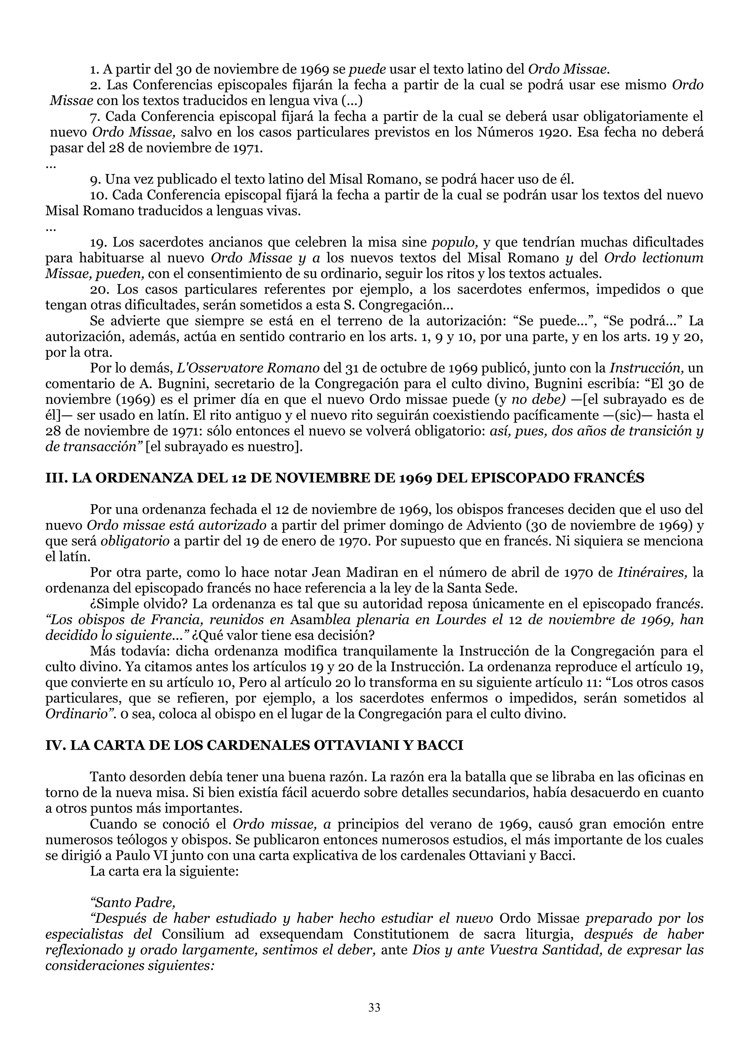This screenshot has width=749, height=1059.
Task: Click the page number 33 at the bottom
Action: pos(374,1007)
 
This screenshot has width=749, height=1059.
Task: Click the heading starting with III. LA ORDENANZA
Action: pos(345,478)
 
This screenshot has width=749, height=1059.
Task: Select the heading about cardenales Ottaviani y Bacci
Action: pos(254,745)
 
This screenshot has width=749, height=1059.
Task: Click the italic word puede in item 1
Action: pos(367,69)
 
